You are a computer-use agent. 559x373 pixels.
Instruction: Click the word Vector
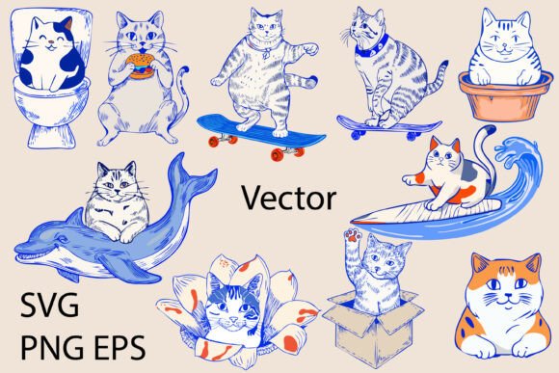click(x=289, y=198)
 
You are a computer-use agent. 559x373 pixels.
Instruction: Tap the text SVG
click(x=49, y=306)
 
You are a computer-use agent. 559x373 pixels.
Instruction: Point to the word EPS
click(x=120, y=348)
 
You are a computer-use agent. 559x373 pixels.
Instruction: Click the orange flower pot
click(x=506, y=95)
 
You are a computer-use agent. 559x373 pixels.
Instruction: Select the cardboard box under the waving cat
click(x=373, y=327)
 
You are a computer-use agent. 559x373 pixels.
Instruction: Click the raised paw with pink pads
click(x=353, y=236)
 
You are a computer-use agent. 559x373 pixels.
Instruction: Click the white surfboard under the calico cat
click(x=428, y=213)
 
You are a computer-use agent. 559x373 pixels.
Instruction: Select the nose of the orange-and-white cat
click(x=508, y=295)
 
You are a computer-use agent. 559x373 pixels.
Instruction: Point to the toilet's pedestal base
click(x=52, y=136)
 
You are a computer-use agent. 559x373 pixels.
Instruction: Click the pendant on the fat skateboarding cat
click(x=266, y=54)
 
